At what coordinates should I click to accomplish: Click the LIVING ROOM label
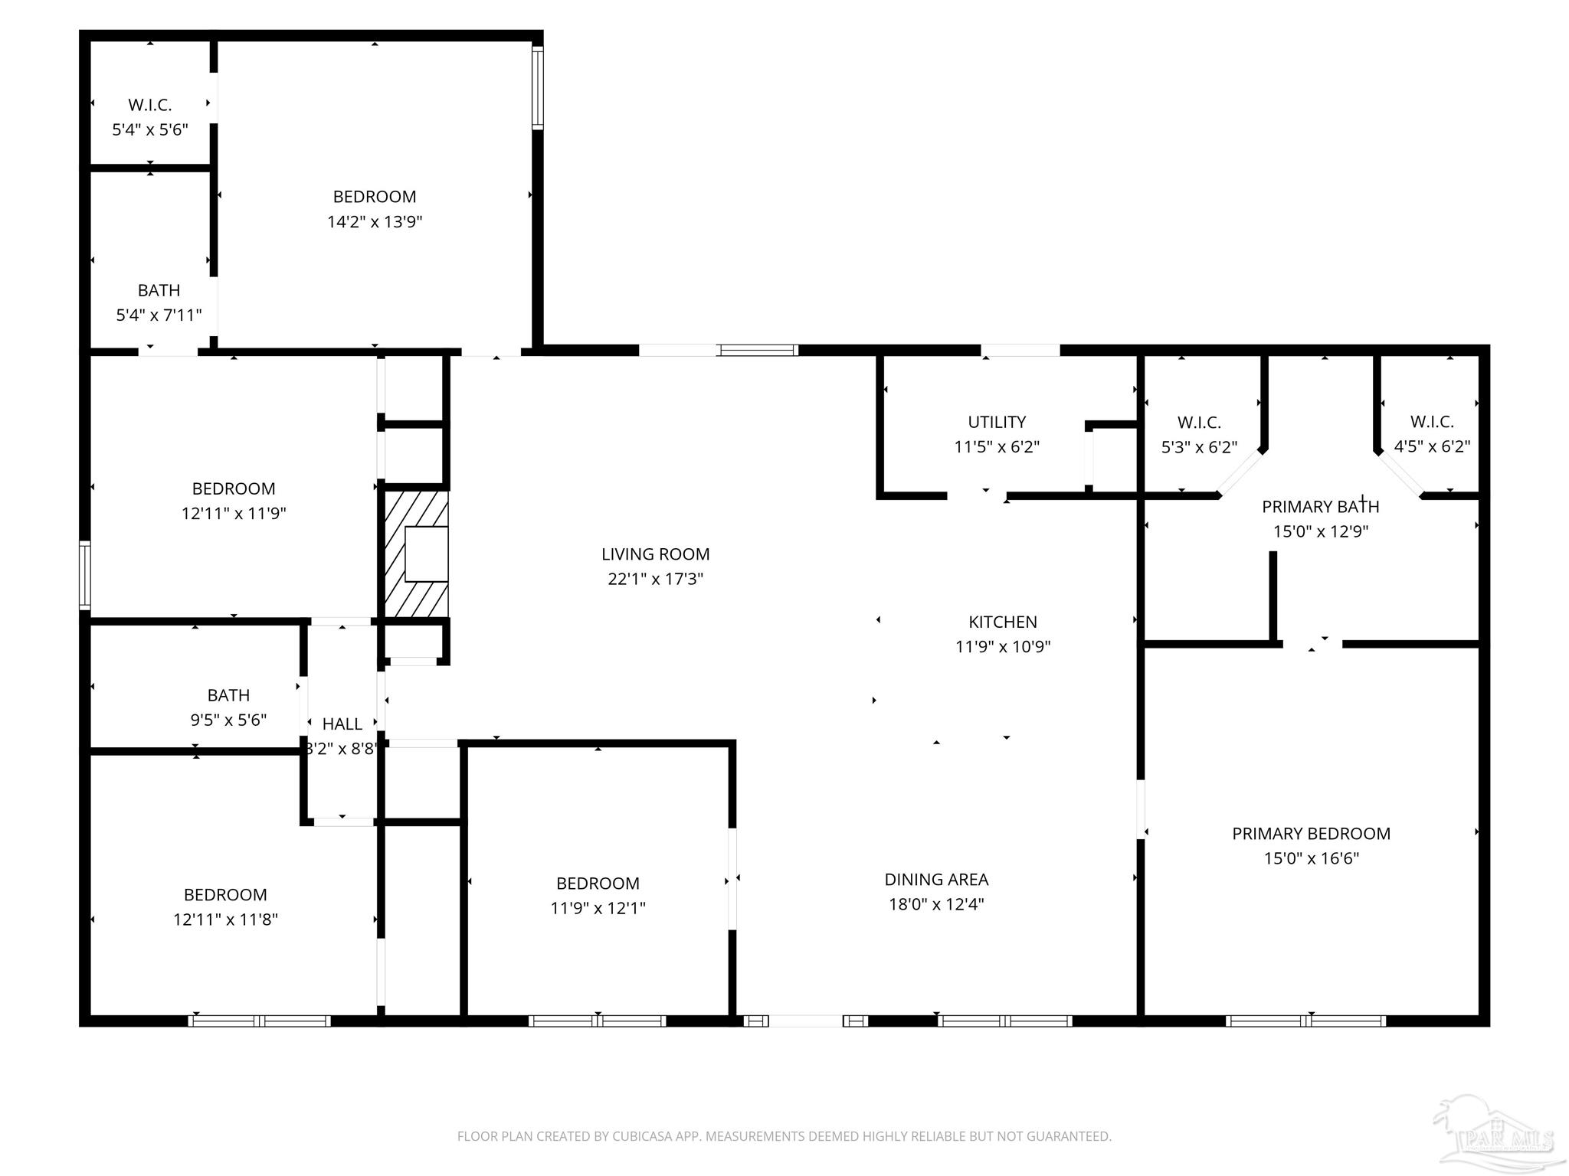click(x=655, y=554)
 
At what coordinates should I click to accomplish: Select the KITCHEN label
click(x=1002, y=622)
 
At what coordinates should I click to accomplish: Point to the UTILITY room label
click(x=996, y=423)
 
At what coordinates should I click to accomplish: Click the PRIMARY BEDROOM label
click(x=1311, y=834)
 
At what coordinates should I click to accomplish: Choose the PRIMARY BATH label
click(x=1320, y=507)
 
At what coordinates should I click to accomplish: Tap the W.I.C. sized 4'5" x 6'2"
click(x=1431, y=446)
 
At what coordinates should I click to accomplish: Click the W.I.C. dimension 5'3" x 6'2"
click(x=1199, y=447)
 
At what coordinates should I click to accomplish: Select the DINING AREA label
click(x=936, y=880)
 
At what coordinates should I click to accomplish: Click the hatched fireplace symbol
click(x=415, y=554)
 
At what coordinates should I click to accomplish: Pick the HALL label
click(x=342, y=724)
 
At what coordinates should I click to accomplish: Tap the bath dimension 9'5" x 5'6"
click(x=228, y=720)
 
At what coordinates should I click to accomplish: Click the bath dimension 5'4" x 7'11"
click(x=159, y=315)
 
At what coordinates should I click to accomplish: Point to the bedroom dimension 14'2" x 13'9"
click(x=375, y=222)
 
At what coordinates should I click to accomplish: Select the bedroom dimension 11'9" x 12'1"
click(x=598, y=908)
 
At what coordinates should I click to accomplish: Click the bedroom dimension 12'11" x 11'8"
click(x=225, y=920)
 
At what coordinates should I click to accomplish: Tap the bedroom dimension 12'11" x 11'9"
click(x=234, y=514)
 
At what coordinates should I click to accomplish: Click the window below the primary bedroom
click(x=1305, y=1021)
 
